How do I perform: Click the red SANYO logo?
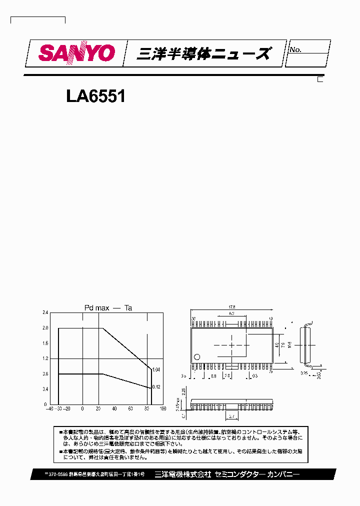[77, 53]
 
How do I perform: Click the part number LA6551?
[95, 96]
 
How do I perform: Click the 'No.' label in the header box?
[295, 49]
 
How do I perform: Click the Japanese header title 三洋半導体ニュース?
[204, 53]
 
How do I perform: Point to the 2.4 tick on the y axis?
[45, 312]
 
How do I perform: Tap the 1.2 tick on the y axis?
[45, 358]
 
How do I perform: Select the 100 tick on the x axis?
[162, 409]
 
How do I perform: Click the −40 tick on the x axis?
[48, 409]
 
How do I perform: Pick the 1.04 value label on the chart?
[156, 369]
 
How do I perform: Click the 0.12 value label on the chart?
[156, 387]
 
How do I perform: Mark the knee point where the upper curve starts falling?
[102, 328]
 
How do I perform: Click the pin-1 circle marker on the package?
[197, 357]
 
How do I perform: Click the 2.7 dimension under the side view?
[231, 415]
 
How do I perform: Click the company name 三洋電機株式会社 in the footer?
[183, 474]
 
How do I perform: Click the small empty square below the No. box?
[320, 78]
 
